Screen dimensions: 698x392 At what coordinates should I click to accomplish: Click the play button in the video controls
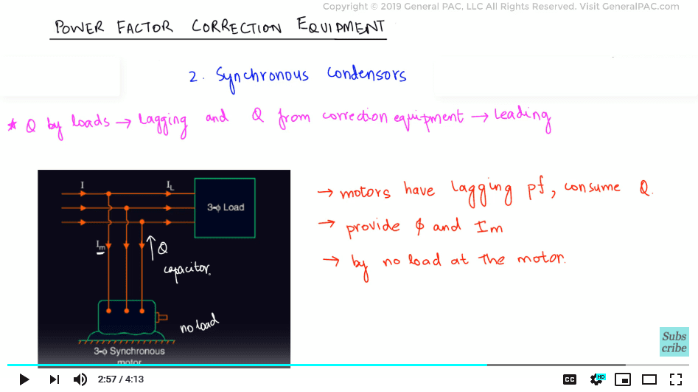pyautogui.click(x=24, y=379)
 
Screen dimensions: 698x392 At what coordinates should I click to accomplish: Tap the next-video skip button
pyautogui.click(x=55, y=379)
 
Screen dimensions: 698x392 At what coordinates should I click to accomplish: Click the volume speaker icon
pyautogui.click(x=80, y=379)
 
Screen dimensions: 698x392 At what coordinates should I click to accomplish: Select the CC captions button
pyautogui.click(x=570, y=379)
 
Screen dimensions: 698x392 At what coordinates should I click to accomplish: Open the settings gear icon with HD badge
pyautogui.click(x=597, y=379)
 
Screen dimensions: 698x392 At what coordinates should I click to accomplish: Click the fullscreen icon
pyautogui.click(x=676, y=379)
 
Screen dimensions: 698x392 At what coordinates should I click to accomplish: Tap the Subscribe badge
pyautogui.click(x=674, y=342)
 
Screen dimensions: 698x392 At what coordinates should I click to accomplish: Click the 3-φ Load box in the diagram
pyautogui.click(x=225, y=208)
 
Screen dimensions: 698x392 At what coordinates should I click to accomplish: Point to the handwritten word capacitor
pyautogui.click(x=187, y=271)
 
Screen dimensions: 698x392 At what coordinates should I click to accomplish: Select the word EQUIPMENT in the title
pyautogui.click(x=341, y=27)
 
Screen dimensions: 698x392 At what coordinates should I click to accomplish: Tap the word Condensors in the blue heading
pyautogui.click(x=366, y=74)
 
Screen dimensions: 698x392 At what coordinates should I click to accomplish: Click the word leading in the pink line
pyautogui.click(x=523, y=117)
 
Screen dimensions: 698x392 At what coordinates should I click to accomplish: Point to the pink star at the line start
pyautogui.click(x=13, y=125)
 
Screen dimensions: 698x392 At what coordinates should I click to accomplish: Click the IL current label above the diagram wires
pyautogui.click(x=170, y=185)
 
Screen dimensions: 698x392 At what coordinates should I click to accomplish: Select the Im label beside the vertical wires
pyautogui.click(x=101, y=246)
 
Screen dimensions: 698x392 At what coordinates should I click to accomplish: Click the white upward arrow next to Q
pyautogui.click(x=151, y=248)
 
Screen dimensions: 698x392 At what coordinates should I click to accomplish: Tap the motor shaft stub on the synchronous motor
pyautogui.click(x=161, y=317)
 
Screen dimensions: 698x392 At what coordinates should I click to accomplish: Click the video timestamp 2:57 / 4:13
pyautogui.click(x=121, y=379)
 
